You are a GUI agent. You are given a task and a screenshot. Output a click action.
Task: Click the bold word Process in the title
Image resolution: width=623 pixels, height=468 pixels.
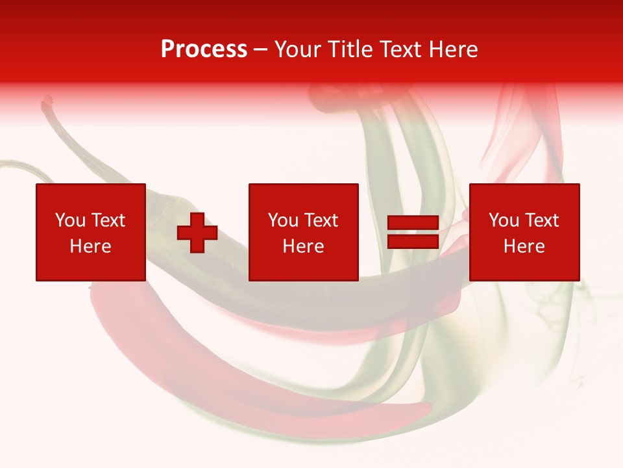click(204, 49)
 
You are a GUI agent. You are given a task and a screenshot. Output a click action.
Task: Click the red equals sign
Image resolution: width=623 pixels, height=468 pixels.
click(413, 233)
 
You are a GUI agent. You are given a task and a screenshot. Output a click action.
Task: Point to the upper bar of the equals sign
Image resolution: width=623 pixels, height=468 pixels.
click(413, 224)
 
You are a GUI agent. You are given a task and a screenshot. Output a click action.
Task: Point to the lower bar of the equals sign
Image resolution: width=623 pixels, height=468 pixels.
click(413, 242)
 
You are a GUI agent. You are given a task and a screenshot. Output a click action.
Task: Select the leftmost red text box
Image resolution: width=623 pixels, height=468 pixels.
click(90, 232)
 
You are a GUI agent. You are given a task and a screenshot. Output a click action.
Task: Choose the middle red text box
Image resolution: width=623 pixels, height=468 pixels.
click(303, 232)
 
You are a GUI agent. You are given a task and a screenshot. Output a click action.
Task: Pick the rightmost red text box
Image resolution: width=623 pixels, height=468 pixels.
click(524, 232)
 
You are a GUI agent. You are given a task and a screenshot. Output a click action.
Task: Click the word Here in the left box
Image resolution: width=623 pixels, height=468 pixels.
click(90, 246)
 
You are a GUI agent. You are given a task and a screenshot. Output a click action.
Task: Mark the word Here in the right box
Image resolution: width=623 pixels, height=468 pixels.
click(524, 246)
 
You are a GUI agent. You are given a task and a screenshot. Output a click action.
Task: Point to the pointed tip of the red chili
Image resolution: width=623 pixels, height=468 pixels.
click(425, 409)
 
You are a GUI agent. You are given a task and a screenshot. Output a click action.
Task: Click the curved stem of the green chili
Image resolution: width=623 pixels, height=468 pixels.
click(26, 166)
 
